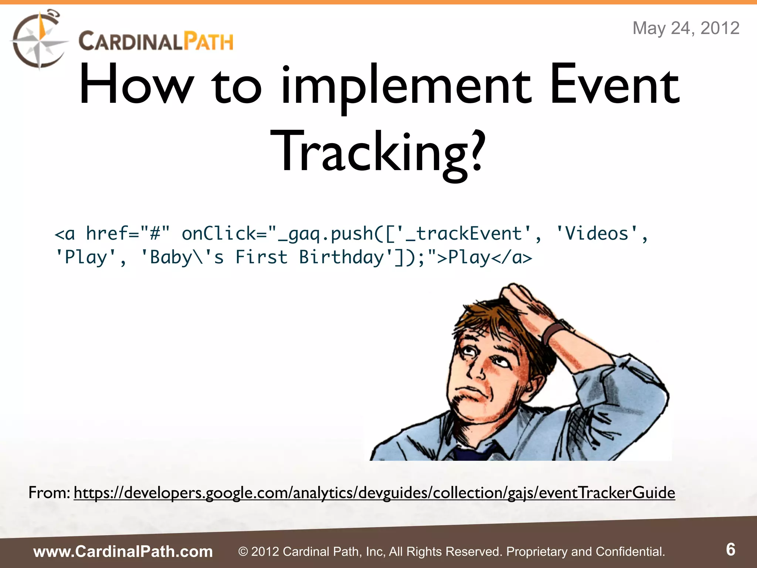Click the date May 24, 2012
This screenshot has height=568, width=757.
tap(686, 28)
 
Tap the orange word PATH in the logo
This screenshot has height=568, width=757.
tap(209, 41)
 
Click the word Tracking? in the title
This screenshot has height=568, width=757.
tap(377, 152)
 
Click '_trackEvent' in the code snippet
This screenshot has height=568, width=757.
tap(464, 234)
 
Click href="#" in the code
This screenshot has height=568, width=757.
tap(128, 234)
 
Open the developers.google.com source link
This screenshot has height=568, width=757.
tap(374, 493)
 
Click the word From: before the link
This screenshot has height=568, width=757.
tap(49, 493)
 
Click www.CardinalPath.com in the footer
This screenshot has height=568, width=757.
tap(123, 551)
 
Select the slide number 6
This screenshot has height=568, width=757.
tap(730, 550)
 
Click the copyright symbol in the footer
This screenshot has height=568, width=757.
tap(243, 552)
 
